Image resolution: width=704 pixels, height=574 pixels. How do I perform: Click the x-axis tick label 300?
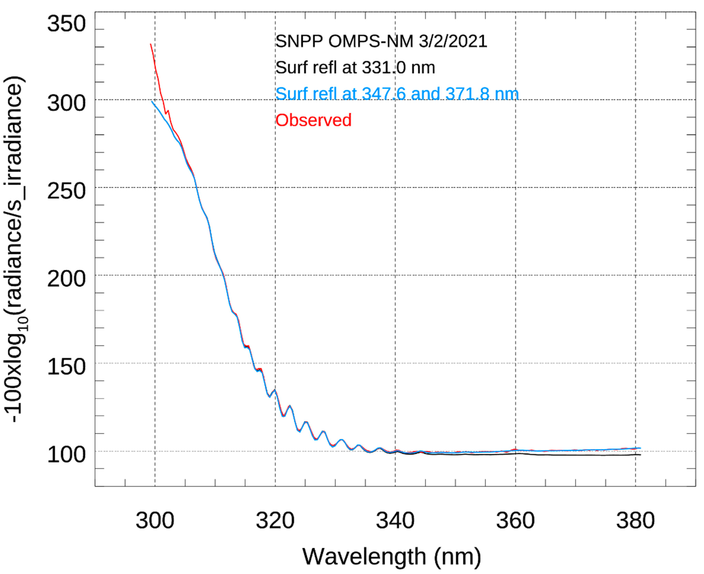pos(155,521)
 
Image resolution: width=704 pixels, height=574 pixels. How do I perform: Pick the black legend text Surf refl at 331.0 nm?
pos(355,68)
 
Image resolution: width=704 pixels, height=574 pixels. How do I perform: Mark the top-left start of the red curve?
pos(151,44)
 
